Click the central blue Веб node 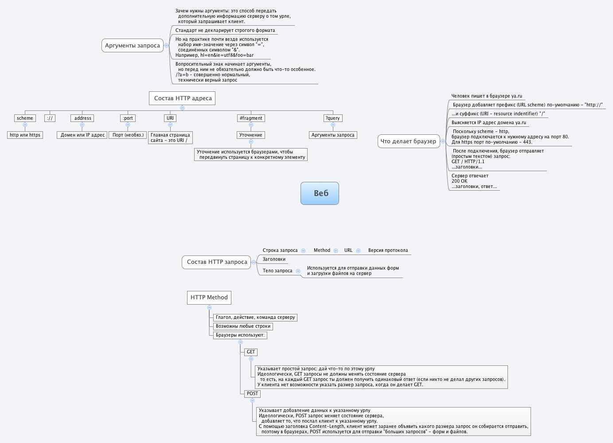[320, 193]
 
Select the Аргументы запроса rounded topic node [133, 45]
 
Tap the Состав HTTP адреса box [182, 98]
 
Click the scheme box [25, 118]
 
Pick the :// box [50, 118]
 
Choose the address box [82, 118]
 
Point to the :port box [128, 118]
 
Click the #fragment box [251, 118]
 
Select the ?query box [332, 118]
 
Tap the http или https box [25, 135]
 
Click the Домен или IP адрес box [82, 135]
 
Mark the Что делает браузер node [408, 141]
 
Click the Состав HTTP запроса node [217, 262]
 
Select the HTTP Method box [209, 298]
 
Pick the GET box [251, 352]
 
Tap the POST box [252, 393]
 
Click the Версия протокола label [388, 250]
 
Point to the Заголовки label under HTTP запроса [274, 259]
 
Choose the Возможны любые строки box [243, 326]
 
